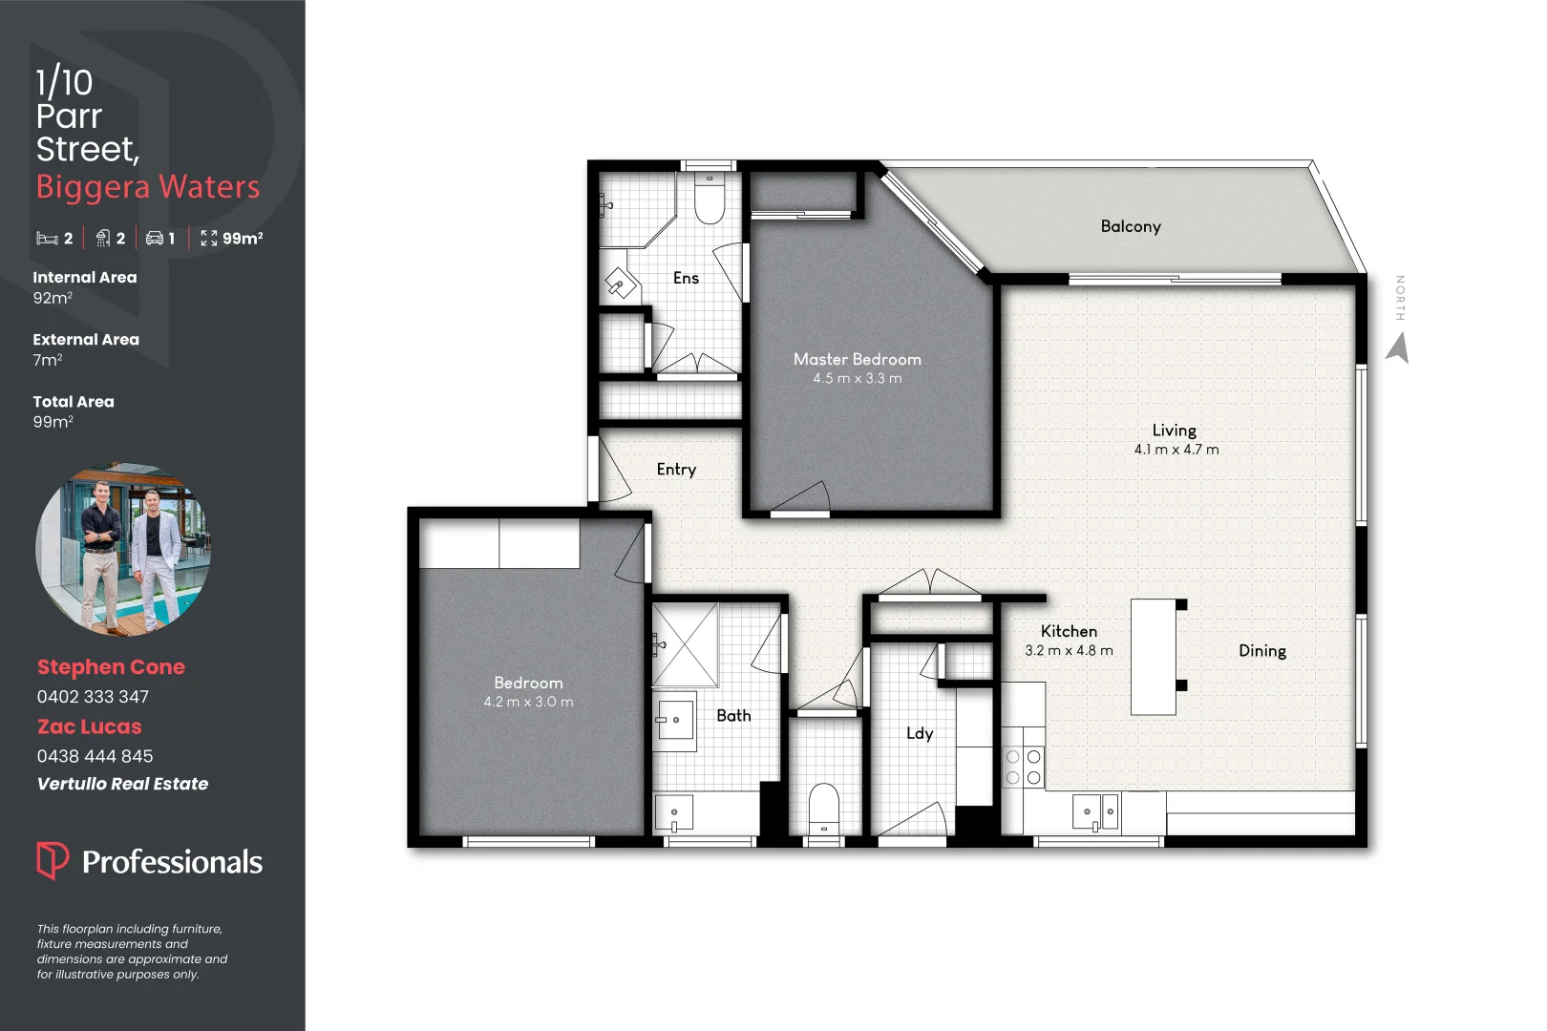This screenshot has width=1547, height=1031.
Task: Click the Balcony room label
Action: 1131,226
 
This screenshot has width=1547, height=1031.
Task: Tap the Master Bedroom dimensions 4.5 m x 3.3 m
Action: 858,378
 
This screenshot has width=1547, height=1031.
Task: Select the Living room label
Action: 1174,431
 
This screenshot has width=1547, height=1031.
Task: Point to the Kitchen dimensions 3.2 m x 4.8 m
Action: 1069,650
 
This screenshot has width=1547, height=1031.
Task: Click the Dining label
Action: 1262,650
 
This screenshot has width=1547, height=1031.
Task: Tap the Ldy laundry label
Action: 920,733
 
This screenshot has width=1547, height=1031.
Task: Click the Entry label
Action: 676,470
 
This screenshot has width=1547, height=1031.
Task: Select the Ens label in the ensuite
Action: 686,278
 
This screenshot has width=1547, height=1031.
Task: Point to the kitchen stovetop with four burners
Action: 1024,767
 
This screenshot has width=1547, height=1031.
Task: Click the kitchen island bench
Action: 1154,657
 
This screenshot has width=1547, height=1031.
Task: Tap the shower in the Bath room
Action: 685,645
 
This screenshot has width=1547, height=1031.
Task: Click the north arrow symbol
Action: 1398,347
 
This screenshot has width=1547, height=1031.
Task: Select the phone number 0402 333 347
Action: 94,697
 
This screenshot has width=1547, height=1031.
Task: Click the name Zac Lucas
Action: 89,726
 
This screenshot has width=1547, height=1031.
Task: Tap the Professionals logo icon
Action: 53,860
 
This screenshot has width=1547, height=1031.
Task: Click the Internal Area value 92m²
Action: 53,298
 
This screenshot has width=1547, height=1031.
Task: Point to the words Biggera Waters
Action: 148,187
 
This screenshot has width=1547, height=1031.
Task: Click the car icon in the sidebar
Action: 155,239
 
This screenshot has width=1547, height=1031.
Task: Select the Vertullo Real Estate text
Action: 122,784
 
